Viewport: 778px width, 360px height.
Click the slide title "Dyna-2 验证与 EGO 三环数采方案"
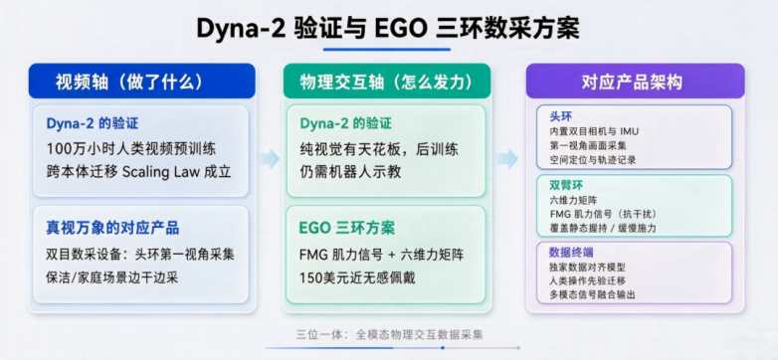[388, 28]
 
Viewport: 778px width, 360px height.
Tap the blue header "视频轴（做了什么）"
[130, 83]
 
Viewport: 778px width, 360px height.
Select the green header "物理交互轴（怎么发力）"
[387, 83]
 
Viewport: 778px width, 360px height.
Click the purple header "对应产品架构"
[635, 83]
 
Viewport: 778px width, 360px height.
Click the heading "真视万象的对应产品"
[112, 228]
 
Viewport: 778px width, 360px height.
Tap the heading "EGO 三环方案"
[347, 228]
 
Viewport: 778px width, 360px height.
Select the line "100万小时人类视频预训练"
[131, 148]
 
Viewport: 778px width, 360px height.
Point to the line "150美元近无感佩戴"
[357, 277]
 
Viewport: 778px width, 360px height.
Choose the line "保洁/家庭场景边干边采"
[111, 277]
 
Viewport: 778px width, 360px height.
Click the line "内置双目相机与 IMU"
[594, 131]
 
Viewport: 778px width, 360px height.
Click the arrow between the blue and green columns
[269, 159]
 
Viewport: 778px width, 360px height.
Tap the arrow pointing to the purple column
[507, 159]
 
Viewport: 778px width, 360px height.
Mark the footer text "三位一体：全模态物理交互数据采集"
[389, 335]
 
